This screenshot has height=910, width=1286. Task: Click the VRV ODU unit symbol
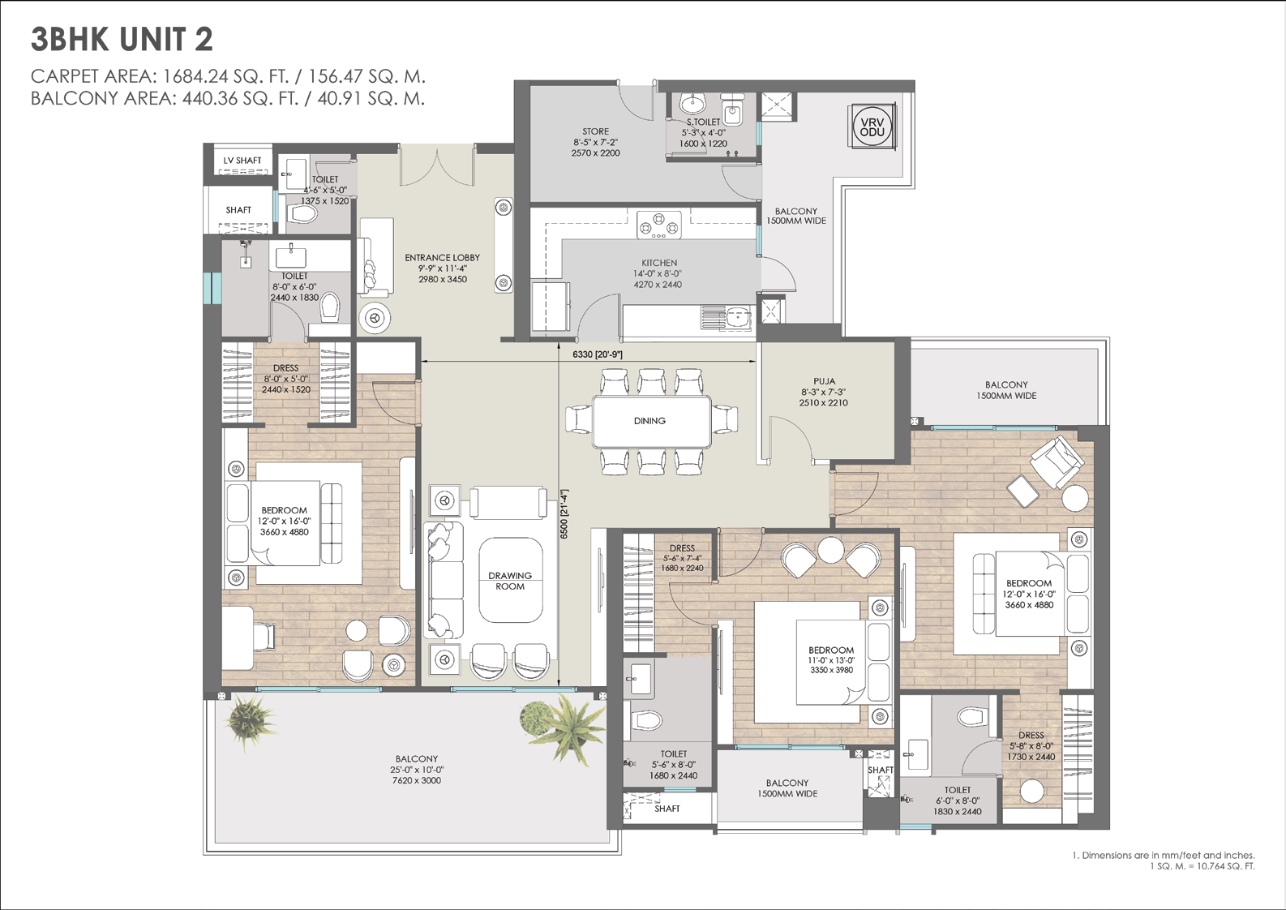pos(872,127)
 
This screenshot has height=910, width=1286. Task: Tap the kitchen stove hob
pos(659,224)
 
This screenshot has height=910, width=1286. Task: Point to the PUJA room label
pos(824,380)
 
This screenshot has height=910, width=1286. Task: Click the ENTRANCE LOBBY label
pos(442,258)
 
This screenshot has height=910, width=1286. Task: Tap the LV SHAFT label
pos(242,161)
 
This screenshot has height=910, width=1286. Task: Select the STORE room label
pos(595,131)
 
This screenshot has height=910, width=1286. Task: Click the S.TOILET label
pos(703,122)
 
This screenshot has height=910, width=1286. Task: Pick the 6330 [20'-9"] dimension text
pos(597,354)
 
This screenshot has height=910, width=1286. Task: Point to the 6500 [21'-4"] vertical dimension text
pos(564,513)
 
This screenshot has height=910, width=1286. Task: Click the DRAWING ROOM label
pos(510,581)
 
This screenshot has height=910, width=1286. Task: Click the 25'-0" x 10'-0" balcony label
pos(417,770)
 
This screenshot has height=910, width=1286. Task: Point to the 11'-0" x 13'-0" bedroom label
pos(831,660)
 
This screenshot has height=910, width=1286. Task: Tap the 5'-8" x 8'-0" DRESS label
pos(1031,746)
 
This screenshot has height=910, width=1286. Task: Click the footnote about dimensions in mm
pos(1164,860)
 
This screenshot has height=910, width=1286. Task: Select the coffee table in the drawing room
pos(510,580)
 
